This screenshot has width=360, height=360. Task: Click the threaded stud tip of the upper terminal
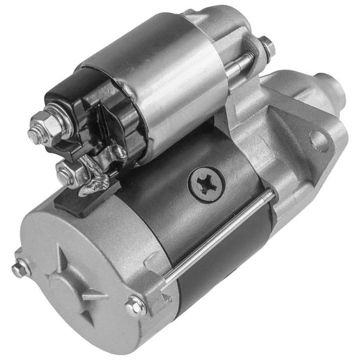point(34,122)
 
